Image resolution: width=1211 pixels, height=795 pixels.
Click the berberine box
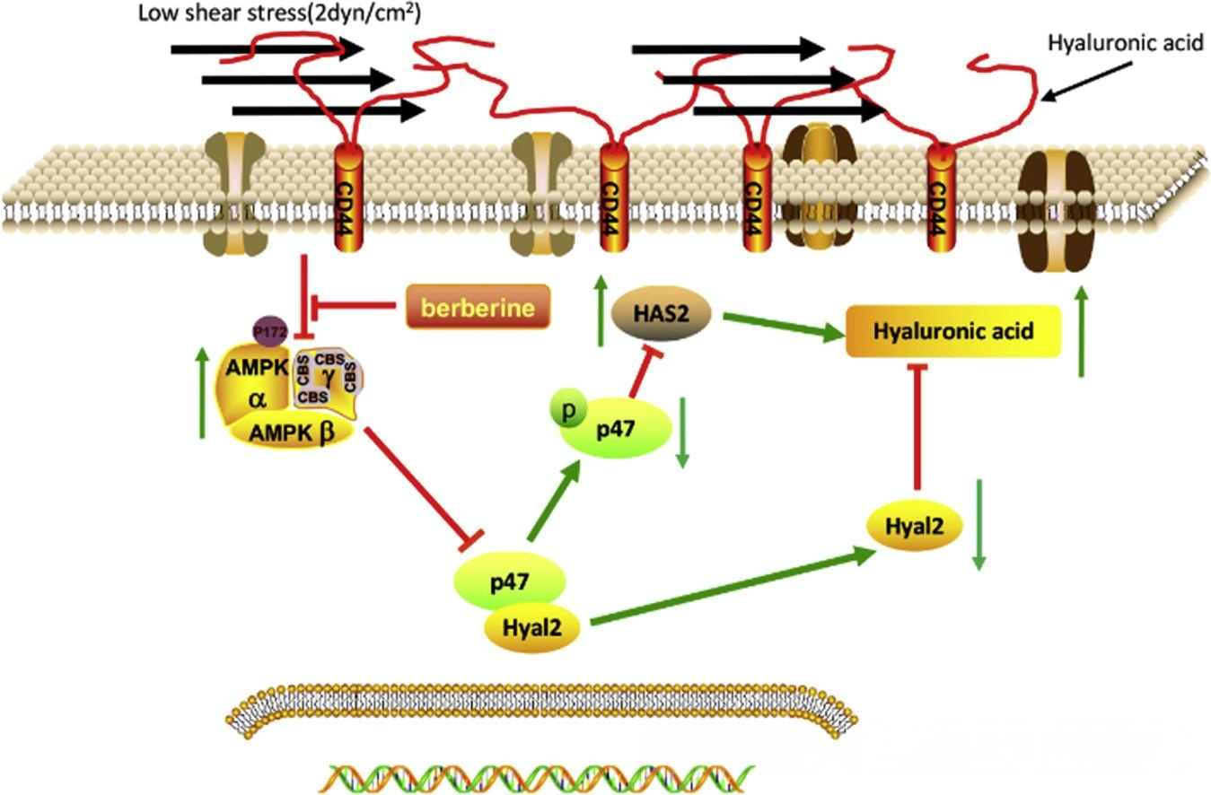478,307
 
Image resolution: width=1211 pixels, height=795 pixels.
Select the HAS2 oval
661,313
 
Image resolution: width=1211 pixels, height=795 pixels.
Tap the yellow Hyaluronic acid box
953,331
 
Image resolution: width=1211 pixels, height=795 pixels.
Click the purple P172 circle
270,332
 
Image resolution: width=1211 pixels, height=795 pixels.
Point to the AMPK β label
292,432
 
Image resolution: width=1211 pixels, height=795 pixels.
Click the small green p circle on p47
568,411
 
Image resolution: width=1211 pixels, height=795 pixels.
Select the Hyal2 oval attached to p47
532,628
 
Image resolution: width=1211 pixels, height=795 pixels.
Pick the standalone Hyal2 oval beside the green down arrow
914,525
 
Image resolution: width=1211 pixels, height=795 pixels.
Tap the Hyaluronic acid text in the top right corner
1126,43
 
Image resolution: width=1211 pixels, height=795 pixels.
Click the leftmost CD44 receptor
348,197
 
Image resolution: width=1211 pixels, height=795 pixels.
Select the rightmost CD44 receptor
941,197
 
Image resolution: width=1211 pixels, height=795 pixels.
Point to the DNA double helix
536,779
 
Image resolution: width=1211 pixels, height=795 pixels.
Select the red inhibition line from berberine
354,307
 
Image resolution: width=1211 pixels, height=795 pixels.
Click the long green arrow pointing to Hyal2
733,587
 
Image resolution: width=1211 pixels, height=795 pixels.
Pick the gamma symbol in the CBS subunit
329,378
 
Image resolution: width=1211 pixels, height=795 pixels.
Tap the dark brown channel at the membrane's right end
1056,211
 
